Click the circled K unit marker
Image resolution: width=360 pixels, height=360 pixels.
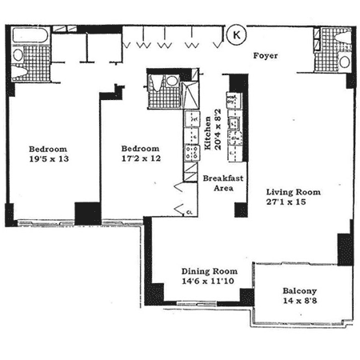tap(236, 34)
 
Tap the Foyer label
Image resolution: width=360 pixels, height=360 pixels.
tap(266, 56)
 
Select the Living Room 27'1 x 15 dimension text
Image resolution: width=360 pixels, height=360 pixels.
tap(286, 202)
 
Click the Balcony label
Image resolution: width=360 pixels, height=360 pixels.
tap(300, 291)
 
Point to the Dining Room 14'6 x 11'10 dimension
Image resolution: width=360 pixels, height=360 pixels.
tap(208, 281)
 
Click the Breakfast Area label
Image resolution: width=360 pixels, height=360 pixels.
tap(223, 183)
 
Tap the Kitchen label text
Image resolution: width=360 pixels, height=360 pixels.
tap(207, 133)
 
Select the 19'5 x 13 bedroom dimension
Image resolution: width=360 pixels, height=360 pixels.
tap(49, 159)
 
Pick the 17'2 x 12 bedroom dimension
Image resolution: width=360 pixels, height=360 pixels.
tap(141, 158)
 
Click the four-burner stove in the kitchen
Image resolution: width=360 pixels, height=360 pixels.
tap(192, 153)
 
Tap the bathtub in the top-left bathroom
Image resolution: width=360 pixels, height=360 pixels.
tap(30, 35)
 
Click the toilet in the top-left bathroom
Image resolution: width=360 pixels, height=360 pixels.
tap(19, 72)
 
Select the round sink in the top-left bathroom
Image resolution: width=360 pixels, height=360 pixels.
tap(18, 55)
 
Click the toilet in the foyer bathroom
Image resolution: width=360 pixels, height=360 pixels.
tap(343, 37)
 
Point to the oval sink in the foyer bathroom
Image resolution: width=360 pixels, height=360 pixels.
tap(345, 62)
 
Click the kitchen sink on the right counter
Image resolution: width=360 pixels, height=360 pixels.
tap(234, 123)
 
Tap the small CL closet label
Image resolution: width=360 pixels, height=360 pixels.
tap(190, 212)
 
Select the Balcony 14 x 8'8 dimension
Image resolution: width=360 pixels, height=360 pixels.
tap(300, 301)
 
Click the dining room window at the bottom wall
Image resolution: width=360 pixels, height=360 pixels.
tap(197, 303)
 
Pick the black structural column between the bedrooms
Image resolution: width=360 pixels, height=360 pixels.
tap(88, 214)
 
